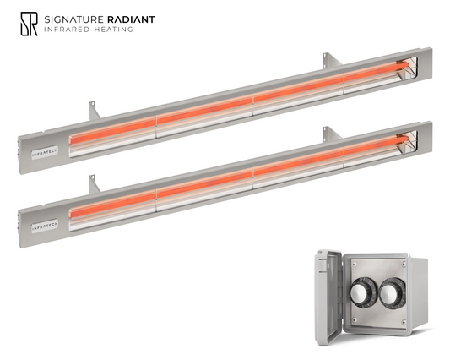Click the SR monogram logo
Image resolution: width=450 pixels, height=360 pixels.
click(29, 24)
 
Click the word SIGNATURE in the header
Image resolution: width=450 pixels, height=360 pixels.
click(73, 19)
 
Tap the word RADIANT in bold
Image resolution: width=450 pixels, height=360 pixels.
click(131, 19)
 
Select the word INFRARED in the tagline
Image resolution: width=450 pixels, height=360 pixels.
click(67, 30)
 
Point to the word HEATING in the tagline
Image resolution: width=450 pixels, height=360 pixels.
click(113, 30)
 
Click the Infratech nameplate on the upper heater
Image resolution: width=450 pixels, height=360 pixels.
click(45, 153)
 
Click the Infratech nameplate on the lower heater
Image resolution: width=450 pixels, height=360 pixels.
click(45, 226)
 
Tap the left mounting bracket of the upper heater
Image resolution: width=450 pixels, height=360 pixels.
click(94, 111)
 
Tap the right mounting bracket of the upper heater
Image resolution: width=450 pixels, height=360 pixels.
click(332, 60)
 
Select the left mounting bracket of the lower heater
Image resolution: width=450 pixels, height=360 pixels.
click(94, 184)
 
